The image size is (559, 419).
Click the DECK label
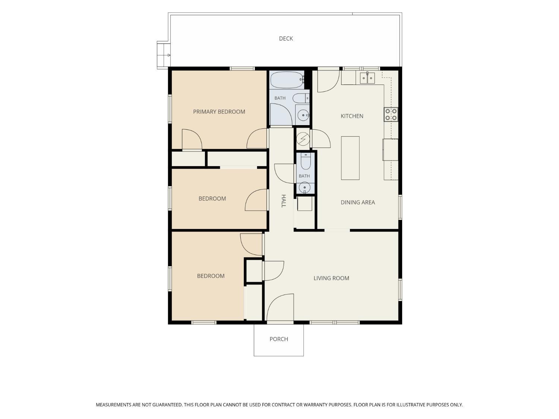pos(286,39)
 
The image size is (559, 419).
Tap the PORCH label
pos(279,339)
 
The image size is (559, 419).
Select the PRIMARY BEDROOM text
pos(219,112)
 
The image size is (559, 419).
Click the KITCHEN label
pos(352,116)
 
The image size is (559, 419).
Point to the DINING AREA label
pos(357,202)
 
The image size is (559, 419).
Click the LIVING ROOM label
pos(331,278)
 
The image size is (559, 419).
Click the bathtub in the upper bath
pos(287,80)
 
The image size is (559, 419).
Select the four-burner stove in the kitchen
pos(391,114)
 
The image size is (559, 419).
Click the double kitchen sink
pos(367,78)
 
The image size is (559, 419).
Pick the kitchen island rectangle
pos(350,158)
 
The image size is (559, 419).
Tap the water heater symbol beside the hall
pos(303,139)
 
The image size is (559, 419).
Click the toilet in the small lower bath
pos(305,161)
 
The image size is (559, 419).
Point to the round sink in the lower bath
pos(304,188)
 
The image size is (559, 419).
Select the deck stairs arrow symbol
pos(168,55)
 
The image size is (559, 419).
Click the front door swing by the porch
pos(280,307)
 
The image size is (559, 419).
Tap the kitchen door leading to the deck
pos(328,81)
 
